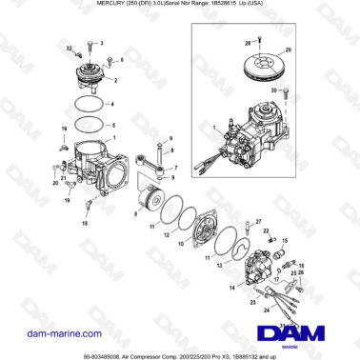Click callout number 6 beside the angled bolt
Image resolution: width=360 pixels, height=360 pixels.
[121, 59]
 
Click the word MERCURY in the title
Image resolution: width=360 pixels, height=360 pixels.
[64, 5]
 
